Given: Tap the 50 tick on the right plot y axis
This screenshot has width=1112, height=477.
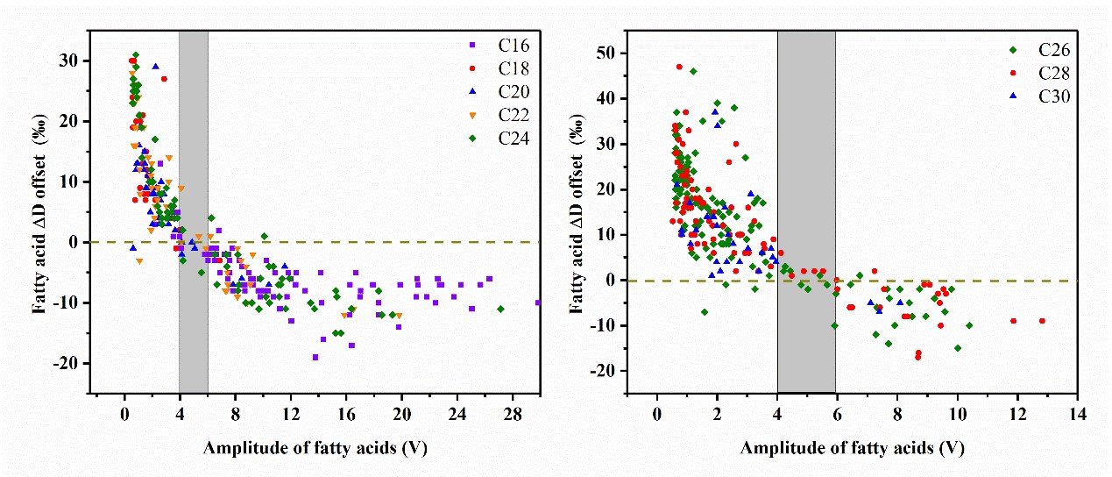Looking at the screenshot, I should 604,53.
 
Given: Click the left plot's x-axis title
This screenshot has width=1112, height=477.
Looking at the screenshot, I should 315,449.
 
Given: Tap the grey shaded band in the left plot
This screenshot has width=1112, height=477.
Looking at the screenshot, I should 194,210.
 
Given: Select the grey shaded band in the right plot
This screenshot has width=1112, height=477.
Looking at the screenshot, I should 806,210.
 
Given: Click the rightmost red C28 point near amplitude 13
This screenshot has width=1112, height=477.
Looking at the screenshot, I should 1042,321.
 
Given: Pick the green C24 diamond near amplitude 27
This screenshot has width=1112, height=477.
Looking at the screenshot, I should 500,309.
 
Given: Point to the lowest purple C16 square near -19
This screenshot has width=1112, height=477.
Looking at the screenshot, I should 315,357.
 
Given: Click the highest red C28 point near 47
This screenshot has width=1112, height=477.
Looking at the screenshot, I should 679,67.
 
